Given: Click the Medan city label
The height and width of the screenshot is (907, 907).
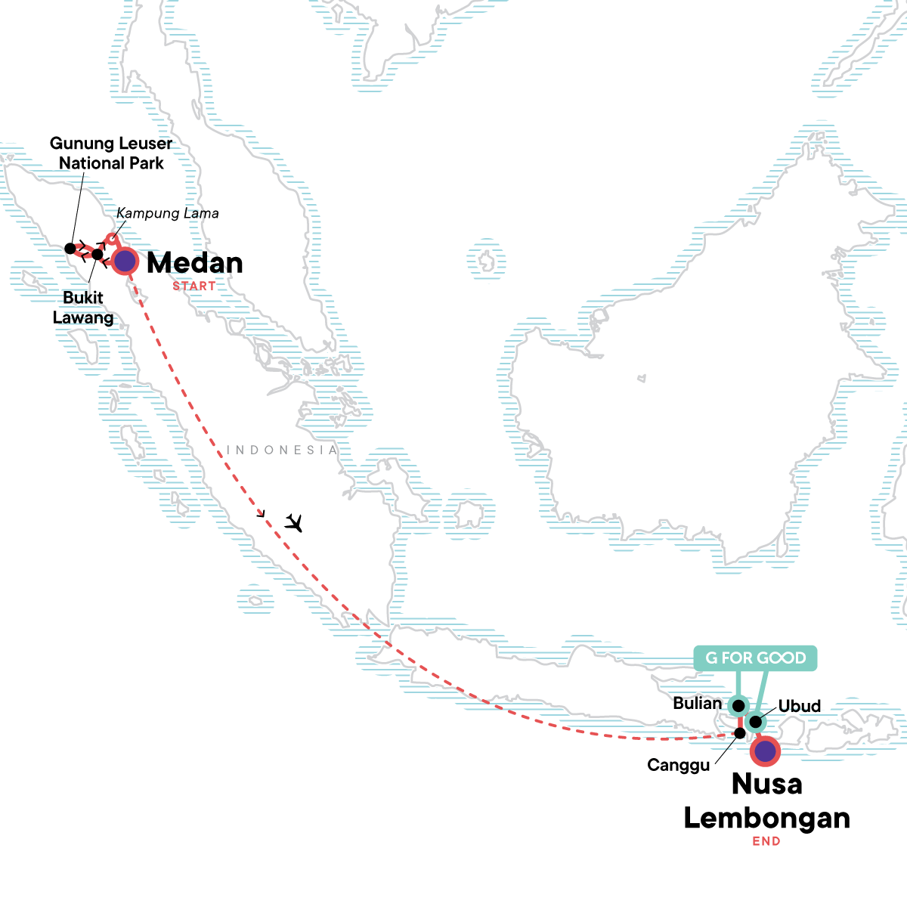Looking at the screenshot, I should pos(195,263).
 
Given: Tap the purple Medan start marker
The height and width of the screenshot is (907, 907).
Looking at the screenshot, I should pos(125,262).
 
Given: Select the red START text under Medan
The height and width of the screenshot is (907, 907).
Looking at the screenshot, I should pos(193,286).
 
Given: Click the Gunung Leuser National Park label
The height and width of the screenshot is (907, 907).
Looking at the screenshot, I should pos(111,153).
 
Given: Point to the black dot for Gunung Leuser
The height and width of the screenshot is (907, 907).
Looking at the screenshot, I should pos(70,248).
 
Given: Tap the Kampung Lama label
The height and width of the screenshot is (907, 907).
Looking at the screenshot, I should pos(168,214).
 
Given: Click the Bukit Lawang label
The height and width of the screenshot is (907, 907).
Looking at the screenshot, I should pos(83,308).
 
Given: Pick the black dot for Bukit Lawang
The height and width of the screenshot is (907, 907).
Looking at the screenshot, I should pos(97,254).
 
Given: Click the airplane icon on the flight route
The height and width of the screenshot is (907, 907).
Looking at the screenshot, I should pos(293,522).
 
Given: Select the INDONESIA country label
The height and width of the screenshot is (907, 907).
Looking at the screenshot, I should pos(283,450).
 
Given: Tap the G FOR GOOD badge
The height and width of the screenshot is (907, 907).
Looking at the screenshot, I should pos(756,658).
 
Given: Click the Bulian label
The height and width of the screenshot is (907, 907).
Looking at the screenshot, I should pos(697,704).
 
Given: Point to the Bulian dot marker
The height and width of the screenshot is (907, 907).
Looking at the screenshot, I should pos(738,706).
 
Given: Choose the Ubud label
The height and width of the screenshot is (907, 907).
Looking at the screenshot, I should pos(799,706).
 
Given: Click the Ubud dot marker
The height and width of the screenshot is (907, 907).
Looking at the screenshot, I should pos(755,722).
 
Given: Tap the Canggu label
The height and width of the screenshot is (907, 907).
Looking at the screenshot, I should pos(679,766).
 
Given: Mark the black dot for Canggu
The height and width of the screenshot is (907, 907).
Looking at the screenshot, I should pos(740,733).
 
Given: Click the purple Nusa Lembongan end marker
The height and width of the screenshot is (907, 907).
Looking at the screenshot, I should pos(766,751).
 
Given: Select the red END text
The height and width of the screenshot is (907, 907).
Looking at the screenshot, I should pos(766,841).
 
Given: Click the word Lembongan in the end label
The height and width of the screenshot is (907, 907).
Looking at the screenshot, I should pos(766,819).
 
